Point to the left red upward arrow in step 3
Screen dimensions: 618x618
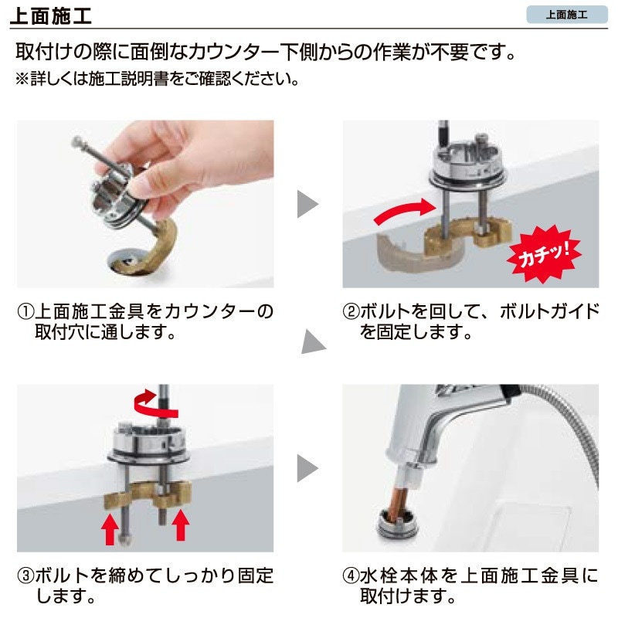[111, 528]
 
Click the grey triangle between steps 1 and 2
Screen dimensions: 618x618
[307, 205]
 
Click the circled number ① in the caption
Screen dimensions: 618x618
[25, 313]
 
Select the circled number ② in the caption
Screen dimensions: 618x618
[351, 313]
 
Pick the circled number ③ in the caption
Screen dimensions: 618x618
[25, 576]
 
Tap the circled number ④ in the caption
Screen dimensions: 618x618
[351, 576]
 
